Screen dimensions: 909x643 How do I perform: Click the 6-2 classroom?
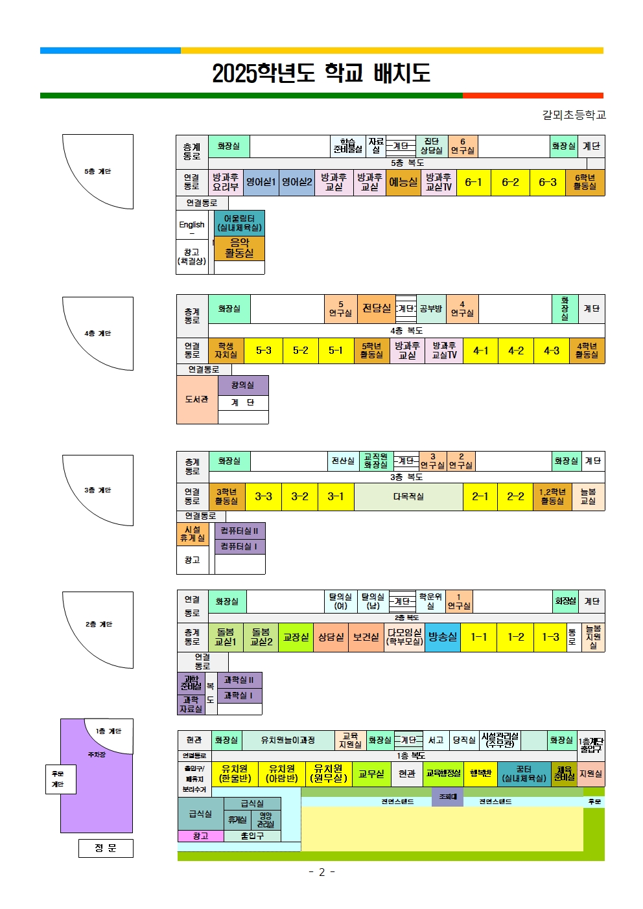pos(510,183)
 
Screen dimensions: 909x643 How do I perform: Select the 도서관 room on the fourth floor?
pos(197,400)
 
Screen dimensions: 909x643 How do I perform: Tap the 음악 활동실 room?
pos(239,248)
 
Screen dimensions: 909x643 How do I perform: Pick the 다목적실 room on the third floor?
pos(408,497)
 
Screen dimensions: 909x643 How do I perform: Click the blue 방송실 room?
pos(443,638)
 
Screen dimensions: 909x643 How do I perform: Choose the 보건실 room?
pos(366,638)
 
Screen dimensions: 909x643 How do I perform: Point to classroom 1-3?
pos(550,638)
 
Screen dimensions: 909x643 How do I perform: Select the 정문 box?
pos(106,848)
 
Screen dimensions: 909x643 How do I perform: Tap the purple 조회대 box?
pos(448,797)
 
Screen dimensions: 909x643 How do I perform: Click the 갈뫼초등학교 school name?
pos(574,115)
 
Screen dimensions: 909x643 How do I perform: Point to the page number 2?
pos(321,872)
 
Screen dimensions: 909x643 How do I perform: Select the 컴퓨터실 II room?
pos(239,531)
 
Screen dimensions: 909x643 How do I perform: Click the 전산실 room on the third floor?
pos(343,461)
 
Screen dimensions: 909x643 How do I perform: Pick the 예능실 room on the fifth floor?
pos(403,183)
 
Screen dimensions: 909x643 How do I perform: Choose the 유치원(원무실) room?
pos(329,774)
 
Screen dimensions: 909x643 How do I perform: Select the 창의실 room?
pos(242,385)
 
